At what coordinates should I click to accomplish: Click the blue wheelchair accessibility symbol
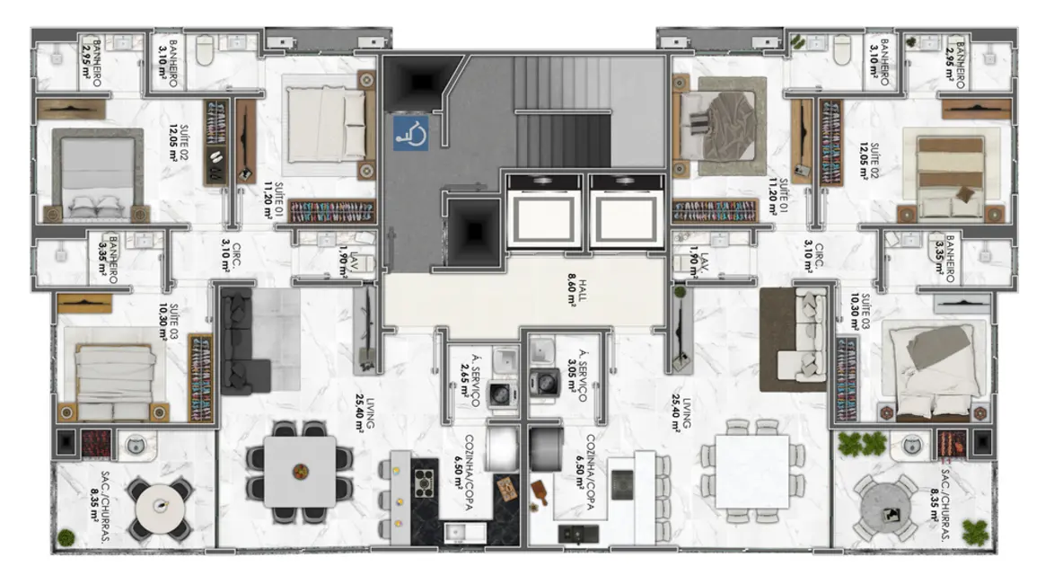tap(410, 132)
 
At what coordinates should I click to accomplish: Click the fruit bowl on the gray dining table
tap(299, 467)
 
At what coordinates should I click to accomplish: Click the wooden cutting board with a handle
tap(542, 493)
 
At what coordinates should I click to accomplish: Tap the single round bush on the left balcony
tap(66, 538)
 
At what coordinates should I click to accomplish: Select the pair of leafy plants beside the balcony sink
tap(860, 443)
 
